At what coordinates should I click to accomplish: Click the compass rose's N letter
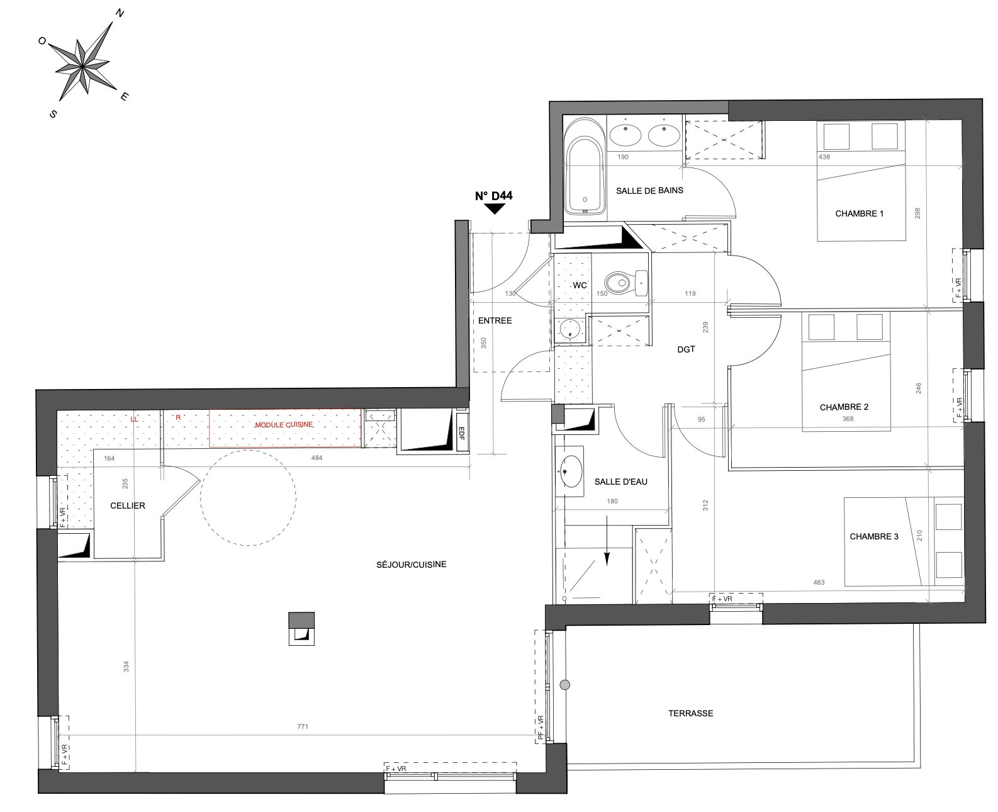[x=120, y=13]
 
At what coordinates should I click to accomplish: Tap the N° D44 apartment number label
[x=493, y=195]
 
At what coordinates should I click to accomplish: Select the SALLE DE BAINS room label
[x=649, y=191]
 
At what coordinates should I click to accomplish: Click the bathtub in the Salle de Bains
[x=584, y=168]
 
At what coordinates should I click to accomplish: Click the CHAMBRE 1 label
[x=859, y=213]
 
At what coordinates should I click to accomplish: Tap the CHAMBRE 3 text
[x=874, y=536]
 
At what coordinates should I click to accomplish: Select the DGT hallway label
[x=686, y=349]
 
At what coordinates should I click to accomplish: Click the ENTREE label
[x=495, y=320]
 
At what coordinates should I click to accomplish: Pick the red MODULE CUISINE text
[x=283, y=424]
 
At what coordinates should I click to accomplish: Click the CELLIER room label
[x=128, y=505]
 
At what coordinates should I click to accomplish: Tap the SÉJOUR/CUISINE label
[x=412, y=565]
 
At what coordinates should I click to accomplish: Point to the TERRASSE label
[x=691, y=713]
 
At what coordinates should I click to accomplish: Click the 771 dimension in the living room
[x=303, y=726]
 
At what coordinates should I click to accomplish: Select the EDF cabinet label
[x=461, y=432]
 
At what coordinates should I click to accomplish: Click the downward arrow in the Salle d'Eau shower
[x=607, y=541]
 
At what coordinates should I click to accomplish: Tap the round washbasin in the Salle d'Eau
[x=570, y=471]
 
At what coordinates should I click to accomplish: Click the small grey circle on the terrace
[x=565, y=685]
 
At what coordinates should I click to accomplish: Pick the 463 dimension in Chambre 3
[x=819, y=582]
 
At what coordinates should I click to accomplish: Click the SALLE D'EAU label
[x=621, y=482]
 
